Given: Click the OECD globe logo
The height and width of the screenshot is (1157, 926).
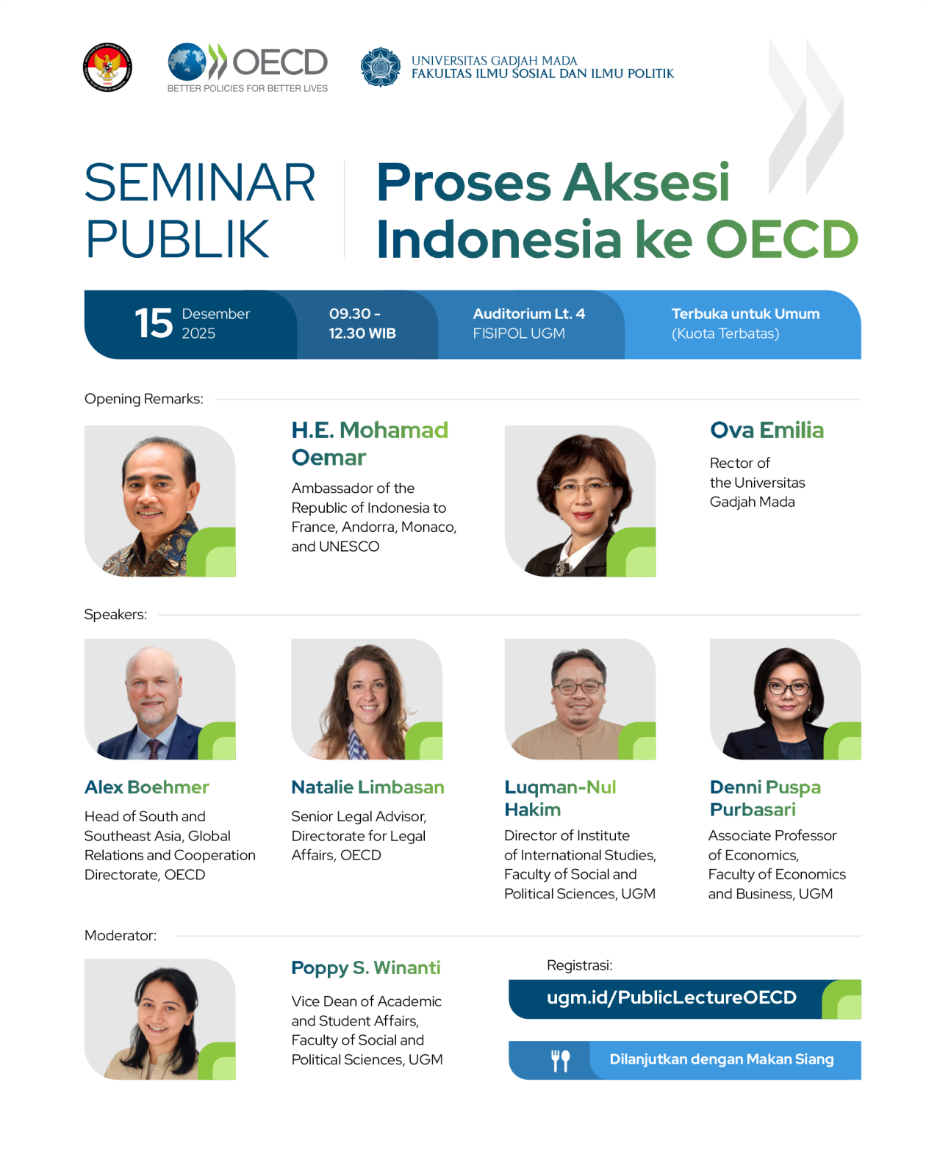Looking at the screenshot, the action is click(186, 62).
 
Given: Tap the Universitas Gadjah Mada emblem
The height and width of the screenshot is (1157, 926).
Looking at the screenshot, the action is click(381, 67).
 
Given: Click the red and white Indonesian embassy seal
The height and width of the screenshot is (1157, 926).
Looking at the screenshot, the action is click(107, 67).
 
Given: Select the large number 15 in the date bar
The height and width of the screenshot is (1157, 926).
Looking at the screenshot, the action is click(154, 323).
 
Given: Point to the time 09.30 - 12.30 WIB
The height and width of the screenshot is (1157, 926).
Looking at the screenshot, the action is click(362, 323).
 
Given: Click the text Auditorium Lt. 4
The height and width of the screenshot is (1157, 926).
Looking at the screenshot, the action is click(528, 314).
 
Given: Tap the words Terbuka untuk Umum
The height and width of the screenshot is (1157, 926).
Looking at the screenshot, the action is click(745, 314).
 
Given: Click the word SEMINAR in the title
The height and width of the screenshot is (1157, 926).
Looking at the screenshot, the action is click(200, 183).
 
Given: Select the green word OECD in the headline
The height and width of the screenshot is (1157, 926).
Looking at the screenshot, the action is click(782, 239).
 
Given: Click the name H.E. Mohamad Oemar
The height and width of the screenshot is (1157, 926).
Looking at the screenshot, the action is click(370, 444).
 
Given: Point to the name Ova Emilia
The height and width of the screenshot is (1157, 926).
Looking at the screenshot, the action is click(767, 430).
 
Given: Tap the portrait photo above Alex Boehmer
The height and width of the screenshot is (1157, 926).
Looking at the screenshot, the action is click(159, 699).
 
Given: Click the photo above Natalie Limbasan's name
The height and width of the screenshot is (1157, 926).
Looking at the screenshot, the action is click(367, 699).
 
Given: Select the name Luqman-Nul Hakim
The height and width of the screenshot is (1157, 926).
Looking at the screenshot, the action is click(559, 798).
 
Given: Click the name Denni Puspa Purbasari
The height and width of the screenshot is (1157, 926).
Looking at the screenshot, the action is click(764, 798).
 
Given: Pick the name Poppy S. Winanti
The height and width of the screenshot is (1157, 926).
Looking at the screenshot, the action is click(365, 967).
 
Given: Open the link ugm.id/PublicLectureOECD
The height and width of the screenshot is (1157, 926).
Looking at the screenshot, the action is click(671, 998).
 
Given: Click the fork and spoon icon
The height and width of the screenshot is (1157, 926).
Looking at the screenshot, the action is click(560, 1060).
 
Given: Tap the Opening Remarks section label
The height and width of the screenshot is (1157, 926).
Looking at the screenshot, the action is click(143, 399).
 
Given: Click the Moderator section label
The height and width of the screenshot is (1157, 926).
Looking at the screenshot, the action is click(121, 935).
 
